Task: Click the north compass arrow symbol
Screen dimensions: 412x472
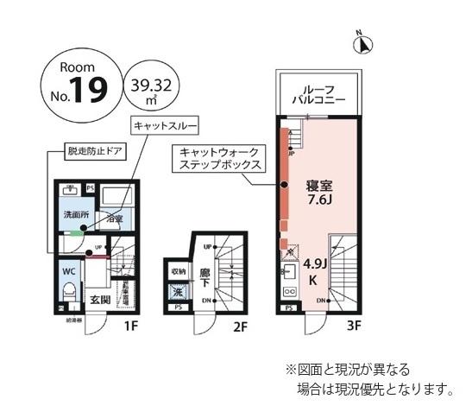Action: [366, 43]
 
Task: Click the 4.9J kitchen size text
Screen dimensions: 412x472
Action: [313, 265]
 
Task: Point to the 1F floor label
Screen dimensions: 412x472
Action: [130, 326]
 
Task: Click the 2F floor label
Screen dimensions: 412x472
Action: [241, 326]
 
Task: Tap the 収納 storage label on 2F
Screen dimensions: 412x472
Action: [178, 271]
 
